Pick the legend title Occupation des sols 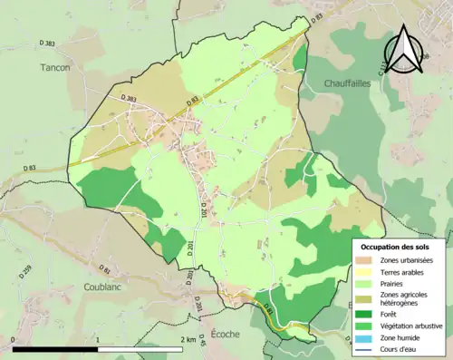397,247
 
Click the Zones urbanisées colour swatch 366,261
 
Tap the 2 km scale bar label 188,340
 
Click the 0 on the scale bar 14,340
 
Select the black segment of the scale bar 54,347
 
